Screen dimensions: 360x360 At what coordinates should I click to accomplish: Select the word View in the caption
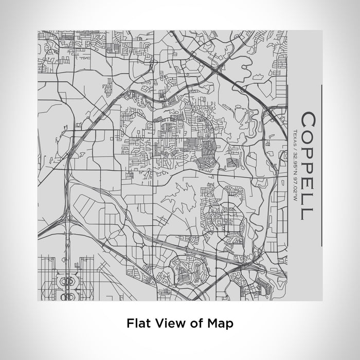[x=163, y=323]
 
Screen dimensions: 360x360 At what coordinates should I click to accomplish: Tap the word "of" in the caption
[x=187, y=323]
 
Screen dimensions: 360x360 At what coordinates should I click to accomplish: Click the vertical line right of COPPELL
[x=322, y=165]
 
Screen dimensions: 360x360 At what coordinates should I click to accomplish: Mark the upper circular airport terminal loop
[x=67, y=281]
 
